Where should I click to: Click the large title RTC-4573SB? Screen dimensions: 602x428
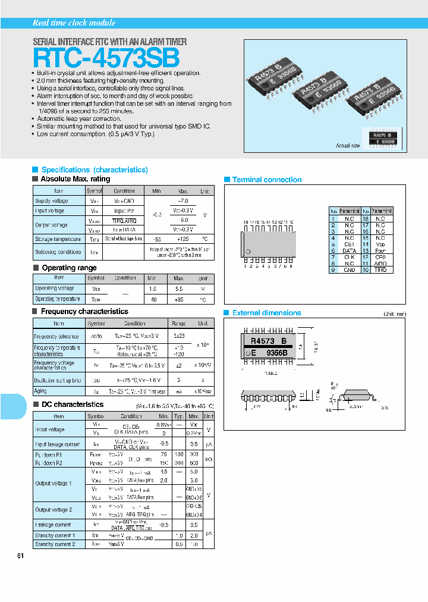pyautogui.click(x=106, y=58)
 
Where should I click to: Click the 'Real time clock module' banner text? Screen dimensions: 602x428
pyautogui.click(x=74, y=23)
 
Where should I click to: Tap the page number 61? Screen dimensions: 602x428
pyautogui.click(x=21, y=556)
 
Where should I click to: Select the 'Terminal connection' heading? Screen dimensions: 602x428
pyautogui.click(x=266, y=180)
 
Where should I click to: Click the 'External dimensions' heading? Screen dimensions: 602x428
pyautogui.click(x=266, y=313)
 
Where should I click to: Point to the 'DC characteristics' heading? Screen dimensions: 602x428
pyautogui.click(x=71, y=405)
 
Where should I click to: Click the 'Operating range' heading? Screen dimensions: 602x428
pyautogui.click(x=69, y=268)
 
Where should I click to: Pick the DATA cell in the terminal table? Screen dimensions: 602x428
pyautogui.click(x=350, y=251)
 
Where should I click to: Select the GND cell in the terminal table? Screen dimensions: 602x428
pyautogui.click(x=350, y=269)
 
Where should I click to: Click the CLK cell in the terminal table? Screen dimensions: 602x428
pyautogui.click(x=350, y=257)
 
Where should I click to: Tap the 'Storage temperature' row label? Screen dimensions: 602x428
pyautogui.click(x=58, y=239)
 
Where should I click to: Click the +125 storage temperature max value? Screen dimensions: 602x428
pyautogui.click(x=182, y=239)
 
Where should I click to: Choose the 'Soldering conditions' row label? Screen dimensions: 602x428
pyautogui.click(x=58, y=252)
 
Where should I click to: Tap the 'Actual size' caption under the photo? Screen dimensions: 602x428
pyautogui.click(x=348, y=146)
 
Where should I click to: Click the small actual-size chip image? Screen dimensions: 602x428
pyautogui.click(x=382, y=138)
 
